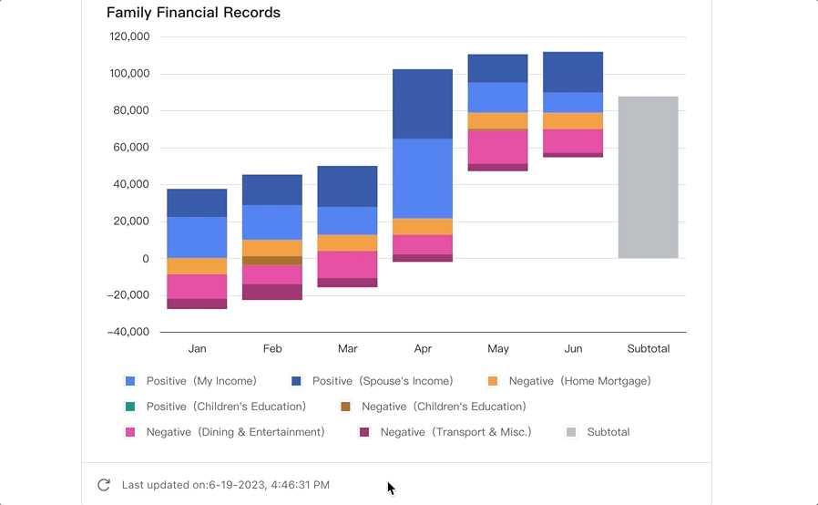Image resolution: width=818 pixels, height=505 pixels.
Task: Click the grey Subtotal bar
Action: click(x=648, y=177)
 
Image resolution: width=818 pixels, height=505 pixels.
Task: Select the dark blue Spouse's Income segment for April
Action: click(x=423, y=104)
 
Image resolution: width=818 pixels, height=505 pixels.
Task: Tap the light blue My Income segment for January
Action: click(x=197, y=237)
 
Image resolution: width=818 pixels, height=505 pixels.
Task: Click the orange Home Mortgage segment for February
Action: click(x=272, y=248)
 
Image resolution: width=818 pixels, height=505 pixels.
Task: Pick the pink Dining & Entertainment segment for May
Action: click(x=498, y=147)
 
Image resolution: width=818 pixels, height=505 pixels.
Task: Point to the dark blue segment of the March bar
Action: click(x=347, y=186)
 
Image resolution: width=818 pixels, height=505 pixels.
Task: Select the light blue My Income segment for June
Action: click(x=573, y=102)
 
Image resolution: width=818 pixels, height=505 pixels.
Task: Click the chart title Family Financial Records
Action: click(x=193, y=13)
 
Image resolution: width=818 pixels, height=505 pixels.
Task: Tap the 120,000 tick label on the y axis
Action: click(x=129, y=37)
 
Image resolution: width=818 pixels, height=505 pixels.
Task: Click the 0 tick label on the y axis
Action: click(x=146, y=259)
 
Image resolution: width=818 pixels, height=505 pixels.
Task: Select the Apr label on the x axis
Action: click(x=423, y=349)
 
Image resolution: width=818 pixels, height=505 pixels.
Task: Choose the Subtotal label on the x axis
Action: click(x=648, y=349)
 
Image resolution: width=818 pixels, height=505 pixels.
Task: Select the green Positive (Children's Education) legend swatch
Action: click(x=130, y=407)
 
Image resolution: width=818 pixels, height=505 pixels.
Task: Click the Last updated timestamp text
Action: click(x=225, y=485)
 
